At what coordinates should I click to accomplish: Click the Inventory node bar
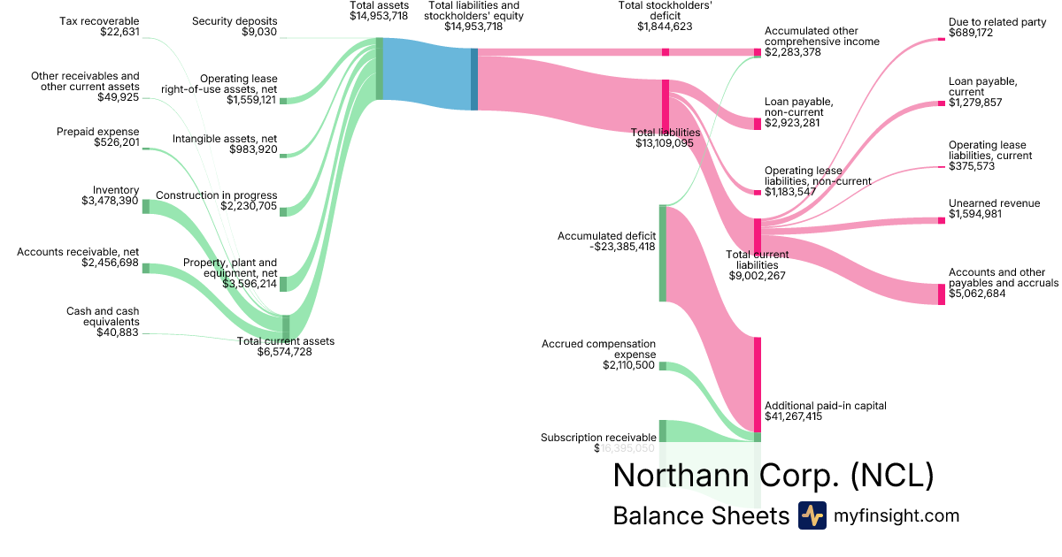coord(146,207)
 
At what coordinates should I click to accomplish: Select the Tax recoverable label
coord(98,20)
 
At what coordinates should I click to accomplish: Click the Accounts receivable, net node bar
coord(146,268)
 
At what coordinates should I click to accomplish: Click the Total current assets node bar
coord(285,326)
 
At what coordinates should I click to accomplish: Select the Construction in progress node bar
coord(283,211)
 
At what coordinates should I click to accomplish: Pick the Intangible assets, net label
coord(225,139)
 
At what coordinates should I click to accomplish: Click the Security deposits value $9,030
coord(259,33)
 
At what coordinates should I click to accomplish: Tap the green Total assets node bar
coord(380,68)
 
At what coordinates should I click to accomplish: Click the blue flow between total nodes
coord(427,74)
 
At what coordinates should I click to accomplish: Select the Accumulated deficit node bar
coord(662,253)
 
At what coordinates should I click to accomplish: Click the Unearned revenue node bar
coord(942,220)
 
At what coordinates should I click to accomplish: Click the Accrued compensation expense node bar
coord(662,366)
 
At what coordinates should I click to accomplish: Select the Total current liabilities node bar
coord(758,236)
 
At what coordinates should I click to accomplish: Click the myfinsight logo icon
coord(812,515)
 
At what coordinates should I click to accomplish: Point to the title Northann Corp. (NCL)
coord(773,476)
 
